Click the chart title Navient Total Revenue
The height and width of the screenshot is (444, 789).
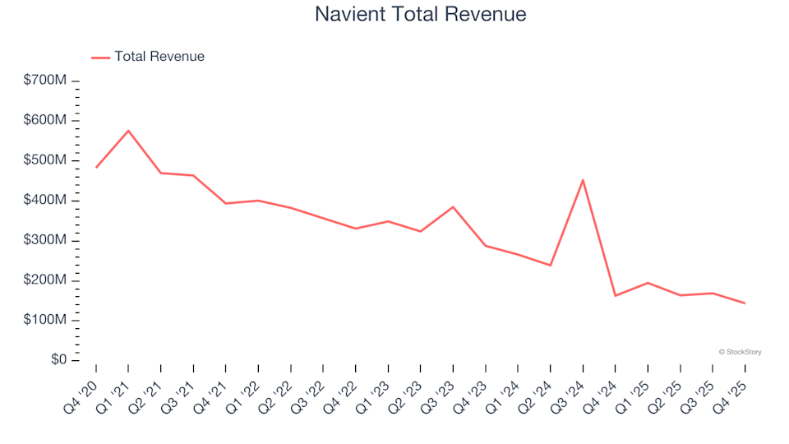[x=420, y=14]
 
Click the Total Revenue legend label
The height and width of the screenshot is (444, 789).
[x=159, y=57]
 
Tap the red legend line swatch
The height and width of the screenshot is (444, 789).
[x=100, y=58]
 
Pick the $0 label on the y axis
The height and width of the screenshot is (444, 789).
[x=58, y=360]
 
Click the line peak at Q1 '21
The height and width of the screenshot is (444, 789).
[x=128, y=131]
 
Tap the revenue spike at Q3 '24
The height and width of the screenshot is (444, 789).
[x=583, y=180]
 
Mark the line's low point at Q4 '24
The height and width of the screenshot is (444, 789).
[x=616, y=296]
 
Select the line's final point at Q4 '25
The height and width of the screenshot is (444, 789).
[x=745, y=303]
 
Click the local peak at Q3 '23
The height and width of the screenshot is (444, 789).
[x=453, y=207]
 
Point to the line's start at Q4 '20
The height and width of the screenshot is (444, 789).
[x=96, y=168]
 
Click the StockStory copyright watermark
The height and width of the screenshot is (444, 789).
[x=740, y=352]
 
